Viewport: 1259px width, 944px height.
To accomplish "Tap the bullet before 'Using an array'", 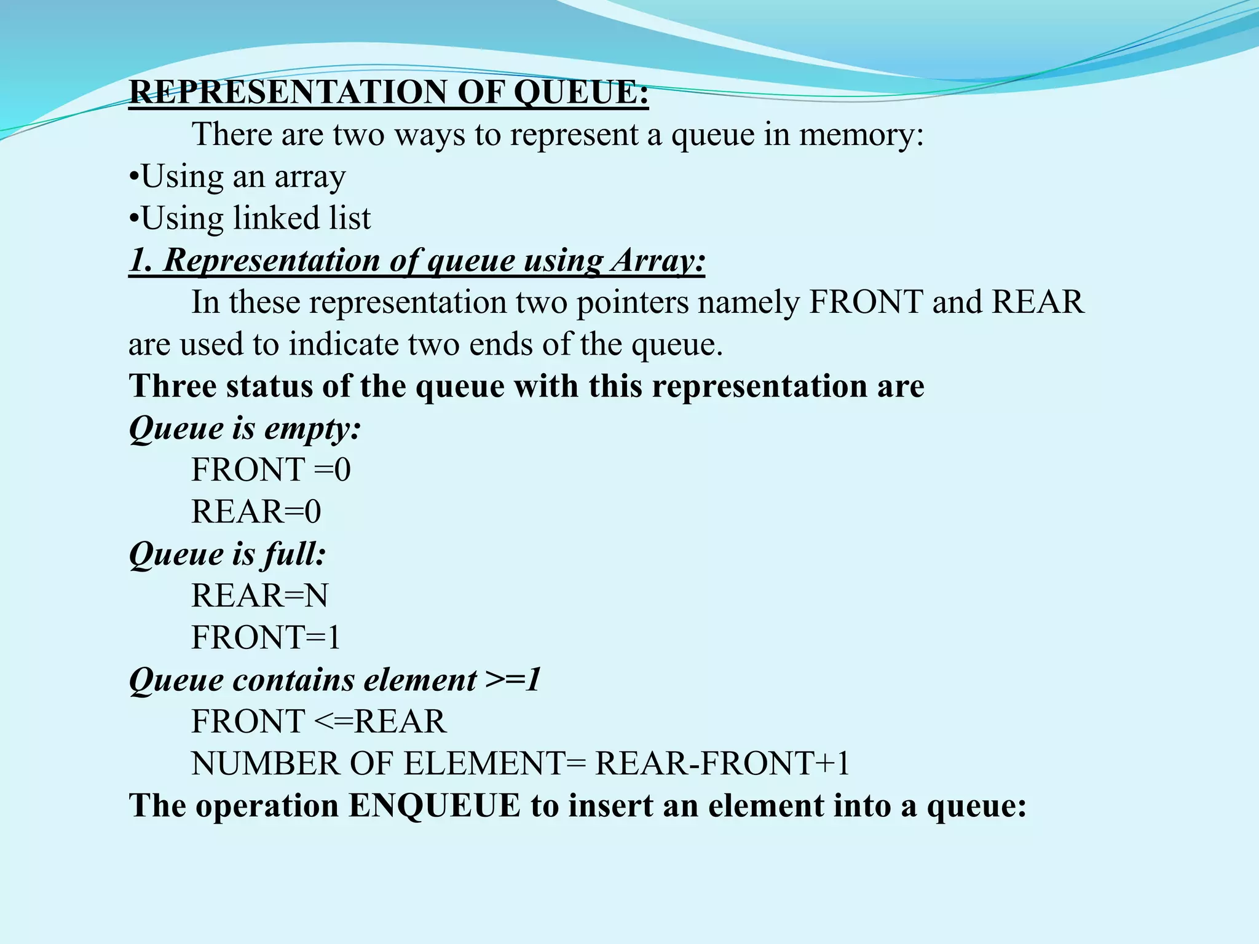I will (x=135, y=178).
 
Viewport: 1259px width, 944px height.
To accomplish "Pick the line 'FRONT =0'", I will (x=271, y=470).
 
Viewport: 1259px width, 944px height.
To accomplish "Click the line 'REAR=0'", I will (x=256, y=512).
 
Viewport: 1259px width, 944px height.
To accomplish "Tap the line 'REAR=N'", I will (x=259, y=596).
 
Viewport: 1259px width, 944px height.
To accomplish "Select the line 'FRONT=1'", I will (x=266, y=637).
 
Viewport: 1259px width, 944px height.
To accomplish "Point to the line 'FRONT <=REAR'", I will (x=318, y=722).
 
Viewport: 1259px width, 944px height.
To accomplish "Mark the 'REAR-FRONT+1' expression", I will (x=722, y=764).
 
